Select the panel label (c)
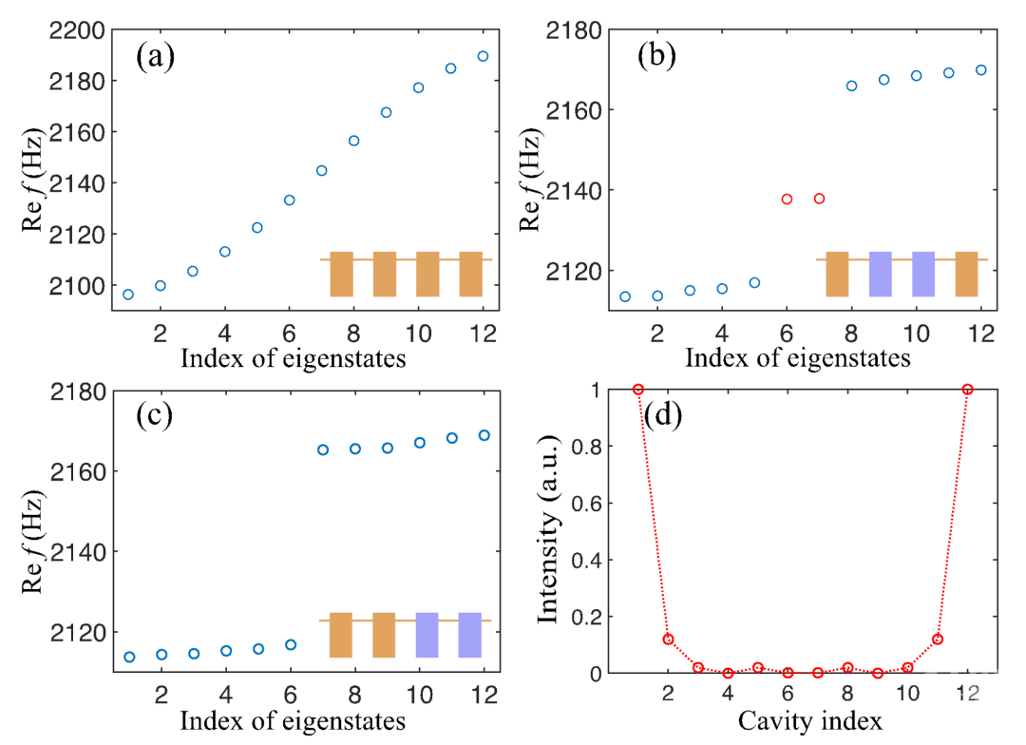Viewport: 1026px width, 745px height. (155, 418)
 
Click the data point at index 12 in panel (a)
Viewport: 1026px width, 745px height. (483, 56)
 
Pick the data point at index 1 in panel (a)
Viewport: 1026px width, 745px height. (128, 295)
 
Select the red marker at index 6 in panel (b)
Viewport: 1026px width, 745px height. (787, 199)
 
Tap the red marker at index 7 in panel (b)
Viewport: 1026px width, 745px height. (819, 199)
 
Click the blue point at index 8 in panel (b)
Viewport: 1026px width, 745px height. (851, 86)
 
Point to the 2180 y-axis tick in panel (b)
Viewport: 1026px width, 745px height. (574, 30)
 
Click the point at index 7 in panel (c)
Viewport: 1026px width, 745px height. (323, 449)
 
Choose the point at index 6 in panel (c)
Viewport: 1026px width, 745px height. (291, 644)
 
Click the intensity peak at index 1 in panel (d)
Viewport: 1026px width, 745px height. (638, 390)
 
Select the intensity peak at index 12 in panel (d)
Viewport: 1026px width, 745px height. (968, 390)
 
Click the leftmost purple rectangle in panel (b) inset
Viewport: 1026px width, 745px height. (880, 274)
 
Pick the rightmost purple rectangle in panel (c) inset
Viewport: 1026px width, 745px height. (470, 635)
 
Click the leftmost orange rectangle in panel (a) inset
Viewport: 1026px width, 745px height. (342, 274)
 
